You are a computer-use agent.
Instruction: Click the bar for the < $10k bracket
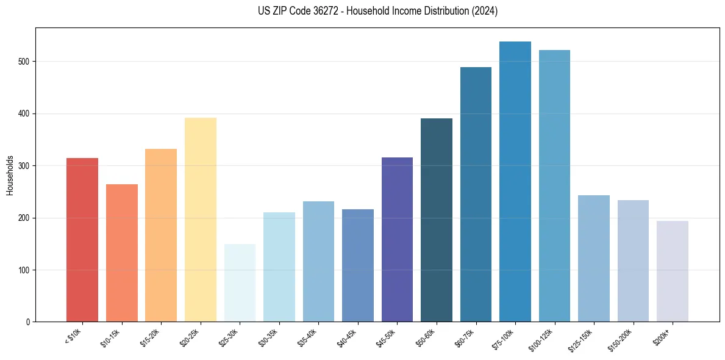point(82,240)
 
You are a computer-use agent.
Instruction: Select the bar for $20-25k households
point(200,220)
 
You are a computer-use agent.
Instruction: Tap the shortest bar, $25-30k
point(240,283)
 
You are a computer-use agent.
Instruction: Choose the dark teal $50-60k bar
point(437,220)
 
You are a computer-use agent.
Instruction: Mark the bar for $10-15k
point(122,253)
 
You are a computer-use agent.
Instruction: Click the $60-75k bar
point(476,195)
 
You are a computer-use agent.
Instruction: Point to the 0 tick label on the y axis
point(29,322)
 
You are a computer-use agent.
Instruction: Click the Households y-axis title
point(10,175)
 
